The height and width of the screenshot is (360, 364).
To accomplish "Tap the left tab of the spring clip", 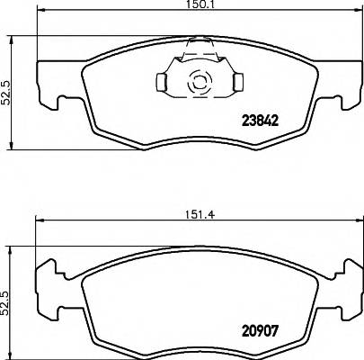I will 162,83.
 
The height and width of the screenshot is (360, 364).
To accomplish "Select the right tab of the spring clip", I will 238,83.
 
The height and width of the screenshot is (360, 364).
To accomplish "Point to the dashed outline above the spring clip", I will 199,45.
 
